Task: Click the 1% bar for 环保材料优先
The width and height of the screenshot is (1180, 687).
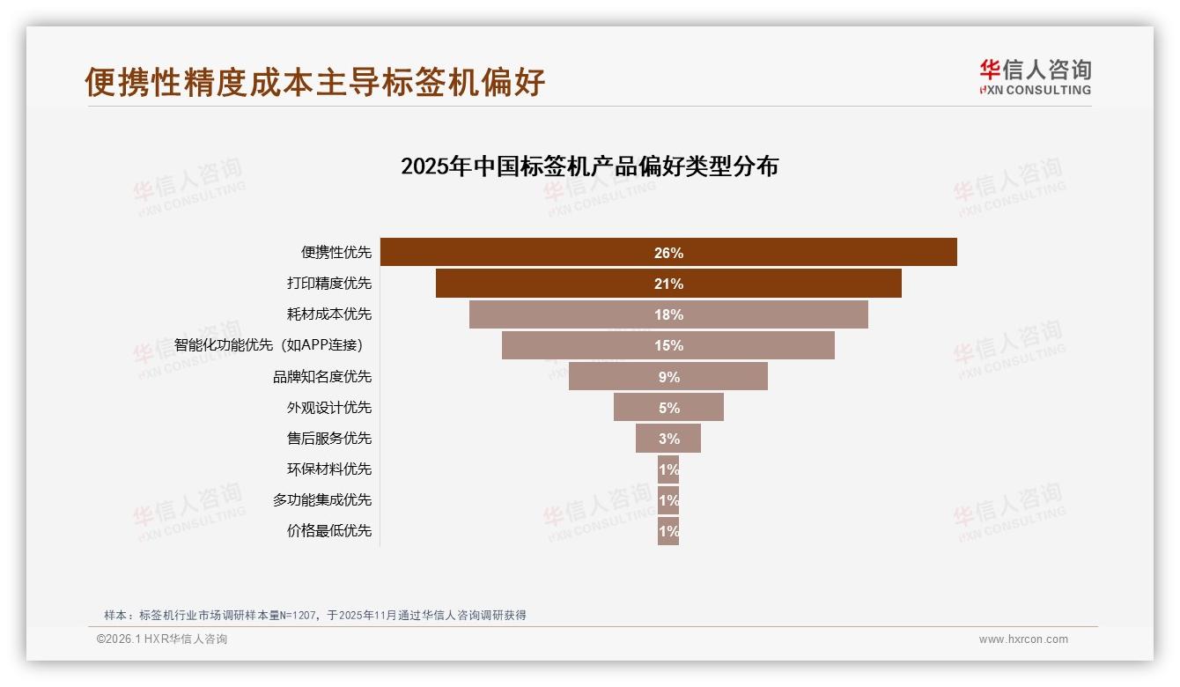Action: (x=668, y=469)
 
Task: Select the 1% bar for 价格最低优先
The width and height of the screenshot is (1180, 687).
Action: (x=668, y=531)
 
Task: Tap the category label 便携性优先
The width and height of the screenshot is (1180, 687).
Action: (x=336, y=253)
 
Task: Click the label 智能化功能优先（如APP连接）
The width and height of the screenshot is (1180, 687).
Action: (x=269, y=345)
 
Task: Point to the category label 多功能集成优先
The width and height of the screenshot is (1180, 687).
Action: (x=322, y=500)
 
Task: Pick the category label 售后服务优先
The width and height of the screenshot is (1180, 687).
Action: (x=329, y=439)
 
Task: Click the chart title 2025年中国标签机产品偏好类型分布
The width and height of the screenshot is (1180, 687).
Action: (x=589, y=166)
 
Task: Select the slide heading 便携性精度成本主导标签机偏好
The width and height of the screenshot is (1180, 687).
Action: (x=315, y=82)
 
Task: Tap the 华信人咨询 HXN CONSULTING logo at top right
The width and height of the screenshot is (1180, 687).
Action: (x=1035, y=78)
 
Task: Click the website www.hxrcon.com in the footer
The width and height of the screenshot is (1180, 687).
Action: (x=1023, y=639)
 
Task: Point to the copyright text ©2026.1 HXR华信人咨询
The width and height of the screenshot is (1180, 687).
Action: (x=162, y=639)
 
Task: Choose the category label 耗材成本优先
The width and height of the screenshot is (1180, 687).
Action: (x=329, y=314)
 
